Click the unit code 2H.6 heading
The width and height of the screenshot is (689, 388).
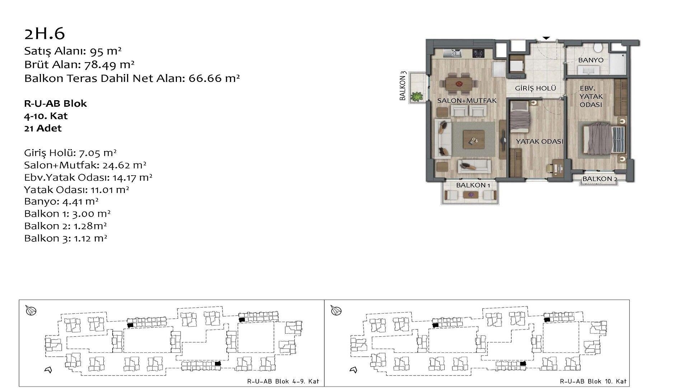click(x=44, y=33)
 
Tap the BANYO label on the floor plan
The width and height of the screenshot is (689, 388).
click(x=591, y=60)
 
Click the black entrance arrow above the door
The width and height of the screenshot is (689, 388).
click(x=546, y=38)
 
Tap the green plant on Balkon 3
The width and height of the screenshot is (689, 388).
click(x=417, y=96)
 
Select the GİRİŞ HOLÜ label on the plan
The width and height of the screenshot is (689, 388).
click(x=535, y=88)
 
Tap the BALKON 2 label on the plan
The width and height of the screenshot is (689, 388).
click(x=600, y=179)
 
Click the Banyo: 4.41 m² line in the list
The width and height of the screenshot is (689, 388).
click(x=61, y=201)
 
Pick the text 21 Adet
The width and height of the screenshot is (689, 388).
click(x=43, y=128)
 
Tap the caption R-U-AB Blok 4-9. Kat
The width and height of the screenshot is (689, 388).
click(x=283, y=381)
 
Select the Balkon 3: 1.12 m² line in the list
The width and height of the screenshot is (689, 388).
click(x=66, y=238)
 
